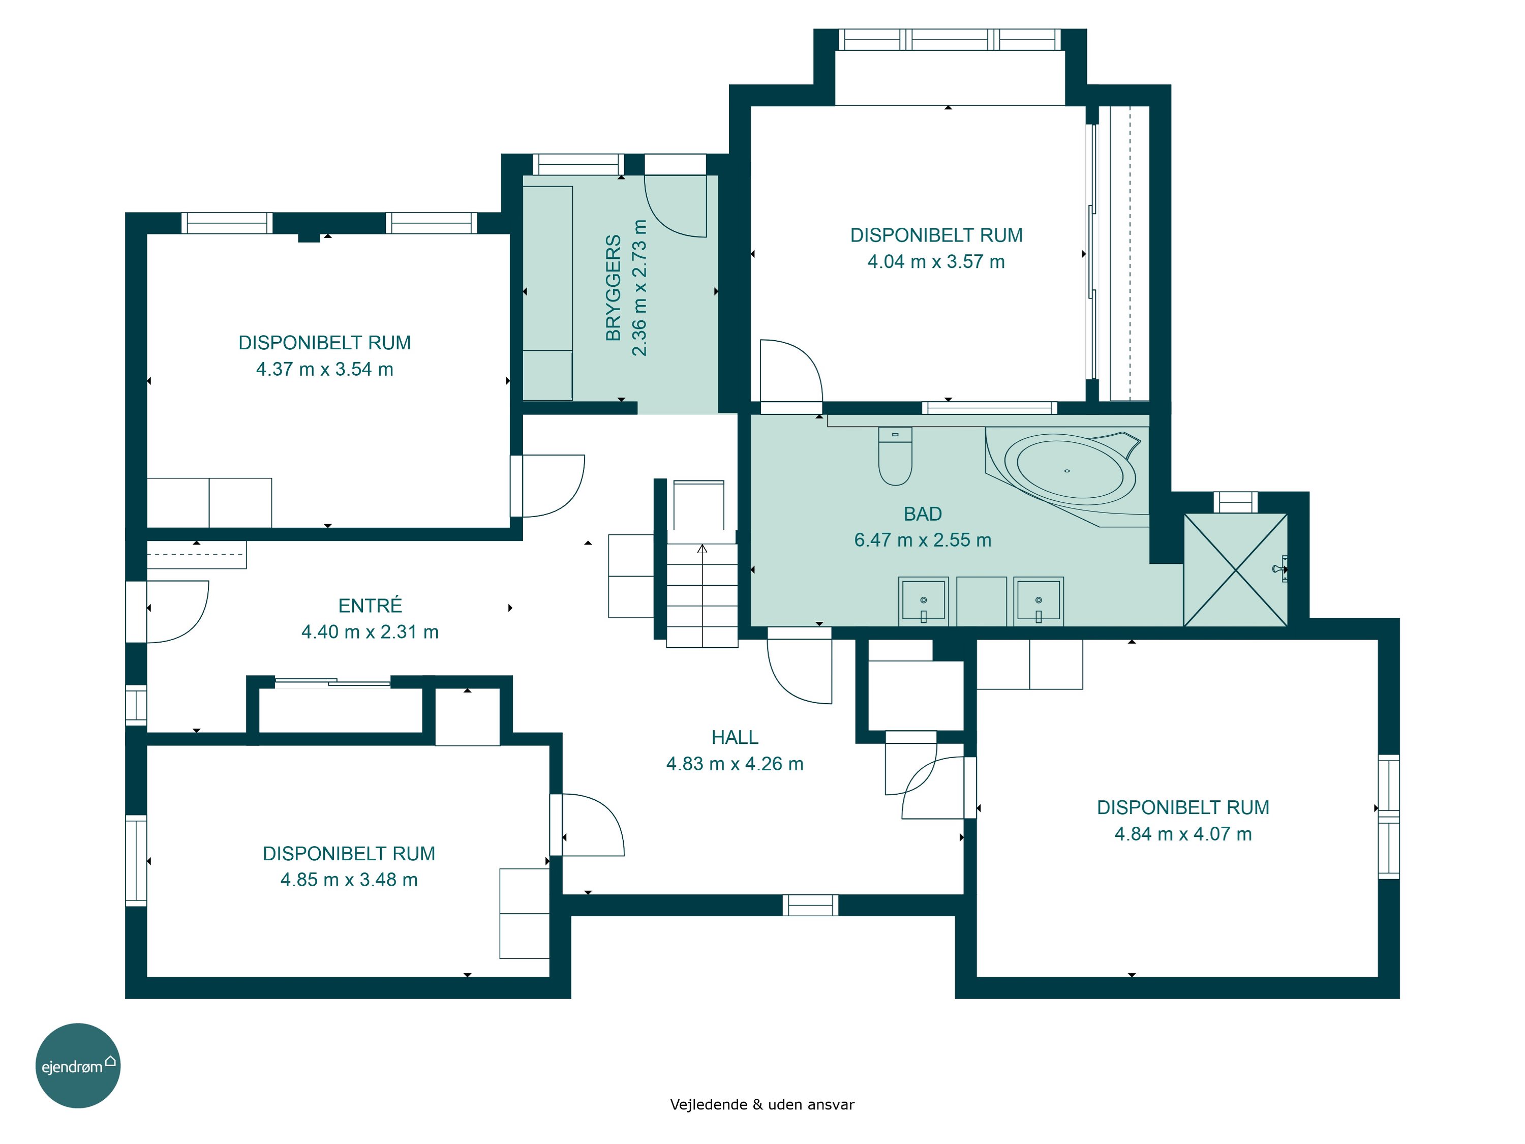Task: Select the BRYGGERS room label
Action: (613, 288)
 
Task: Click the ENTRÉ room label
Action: (370, 606)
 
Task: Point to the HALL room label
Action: (735, 737)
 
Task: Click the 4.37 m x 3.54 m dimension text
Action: (325, 369)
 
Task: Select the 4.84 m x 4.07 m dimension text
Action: (1183, 834)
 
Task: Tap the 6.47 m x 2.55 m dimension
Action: (923, 540)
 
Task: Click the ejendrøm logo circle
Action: (78, 1065)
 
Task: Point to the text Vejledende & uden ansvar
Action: (762, 1104)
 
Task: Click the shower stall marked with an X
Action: (1235, 569)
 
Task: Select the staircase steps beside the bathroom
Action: (702, 595)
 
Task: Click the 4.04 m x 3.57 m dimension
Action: (936, 261)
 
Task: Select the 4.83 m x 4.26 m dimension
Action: (735, 763)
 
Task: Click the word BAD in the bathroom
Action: (923, 514)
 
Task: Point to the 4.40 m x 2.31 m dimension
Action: (370, 631)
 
